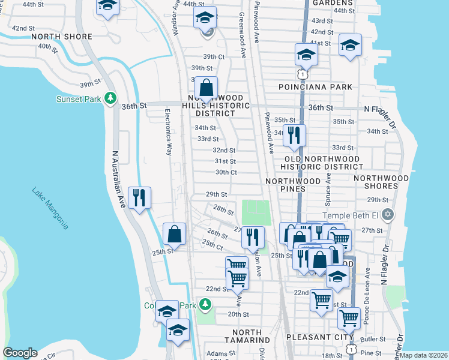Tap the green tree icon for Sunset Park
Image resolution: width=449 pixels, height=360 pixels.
point(110,98)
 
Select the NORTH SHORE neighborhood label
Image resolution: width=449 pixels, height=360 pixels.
point(62,37)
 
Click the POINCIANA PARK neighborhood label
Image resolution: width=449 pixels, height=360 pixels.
point(315,87)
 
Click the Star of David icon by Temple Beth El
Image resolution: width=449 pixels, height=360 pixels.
point(388,215)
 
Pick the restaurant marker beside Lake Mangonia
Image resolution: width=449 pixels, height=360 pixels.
point(139,197)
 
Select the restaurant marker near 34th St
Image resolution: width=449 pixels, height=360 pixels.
point(294,135)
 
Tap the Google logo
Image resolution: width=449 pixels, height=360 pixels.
point(20,353)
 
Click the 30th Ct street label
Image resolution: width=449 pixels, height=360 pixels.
point(226,172)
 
